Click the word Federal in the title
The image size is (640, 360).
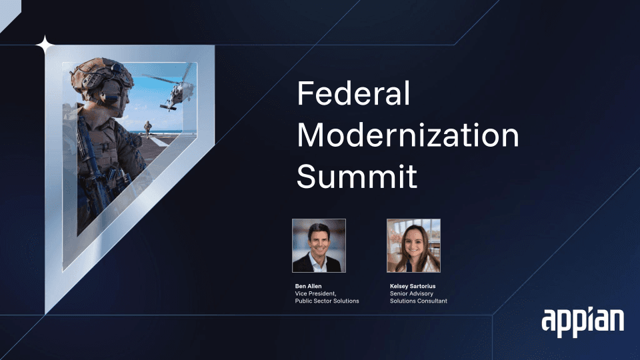coord(353,93)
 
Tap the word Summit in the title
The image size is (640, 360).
coord(357,176)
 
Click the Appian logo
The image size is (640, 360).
coord(583,322)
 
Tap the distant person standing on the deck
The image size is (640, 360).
coord(147,129)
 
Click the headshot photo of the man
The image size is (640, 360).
coord(319,246)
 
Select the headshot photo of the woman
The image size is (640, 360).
coord(413,246)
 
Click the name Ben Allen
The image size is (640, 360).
coord(308,286)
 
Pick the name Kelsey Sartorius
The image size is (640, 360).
coord(413,286)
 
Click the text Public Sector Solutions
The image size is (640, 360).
coord(327,301)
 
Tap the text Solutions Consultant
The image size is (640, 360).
coord(419,301)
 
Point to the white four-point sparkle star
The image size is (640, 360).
coord(45,45)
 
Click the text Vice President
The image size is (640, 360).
coord(315,293)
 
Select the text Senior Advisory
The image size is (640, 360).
coord(411,293)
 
